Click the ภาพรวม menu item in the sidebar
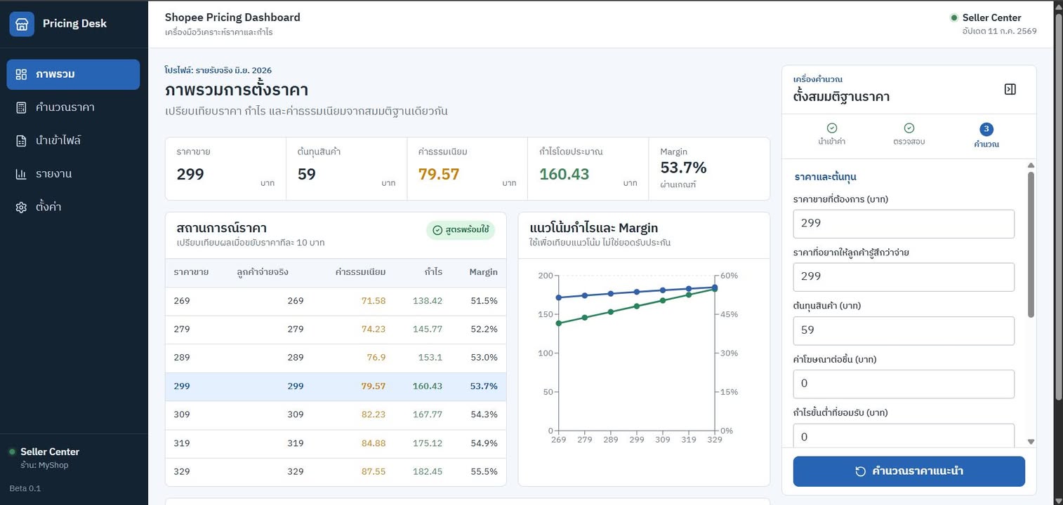pos(73,74)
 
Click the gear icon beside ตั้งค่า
pos(21,207)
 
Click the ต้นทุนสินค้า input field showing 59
pos(904,330)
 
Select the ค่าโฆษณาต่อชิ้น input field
pos(904,384)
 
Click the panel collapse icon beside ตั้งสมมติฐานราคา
pos(1010,89)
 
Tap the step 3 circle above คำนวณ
pos(986,129)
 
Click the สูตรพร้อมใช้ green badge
pos(461,230)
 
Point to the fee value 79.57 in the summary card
pos(439,174)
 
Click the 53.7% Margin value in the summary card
pos(683,168)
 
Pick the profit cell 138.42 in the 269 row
pos(427,301)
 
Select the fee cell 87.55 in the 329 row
pos(373,471)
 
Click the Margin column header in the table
pos(483,271)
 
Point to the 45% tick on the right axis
pos(729,314)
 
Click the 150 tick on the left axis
pos(546,314)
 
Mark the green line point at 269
pos(559,323)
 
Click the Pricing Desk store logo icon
pos(22,24)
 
